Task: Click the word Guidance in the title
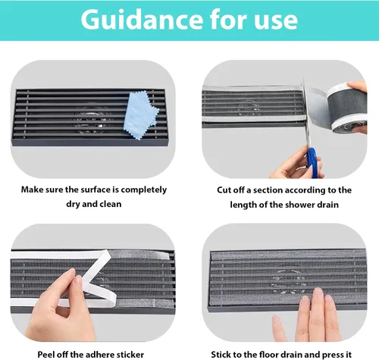[142, 20]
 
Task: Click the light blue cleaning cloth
[141, 115]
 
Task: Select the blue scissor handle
[312, 161]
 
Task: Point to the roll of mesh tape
[346, 108]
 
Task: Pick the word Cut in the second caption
[224, 190]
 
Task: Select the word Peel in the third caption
[46, 355]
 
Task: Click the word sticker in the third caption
[130, 355]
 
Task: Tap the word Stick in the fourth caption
[221, 355]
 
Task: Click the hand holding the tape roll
[358, 106]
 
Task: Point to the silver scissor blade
[306, 114]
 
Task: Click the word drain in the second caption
[328, 205]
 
